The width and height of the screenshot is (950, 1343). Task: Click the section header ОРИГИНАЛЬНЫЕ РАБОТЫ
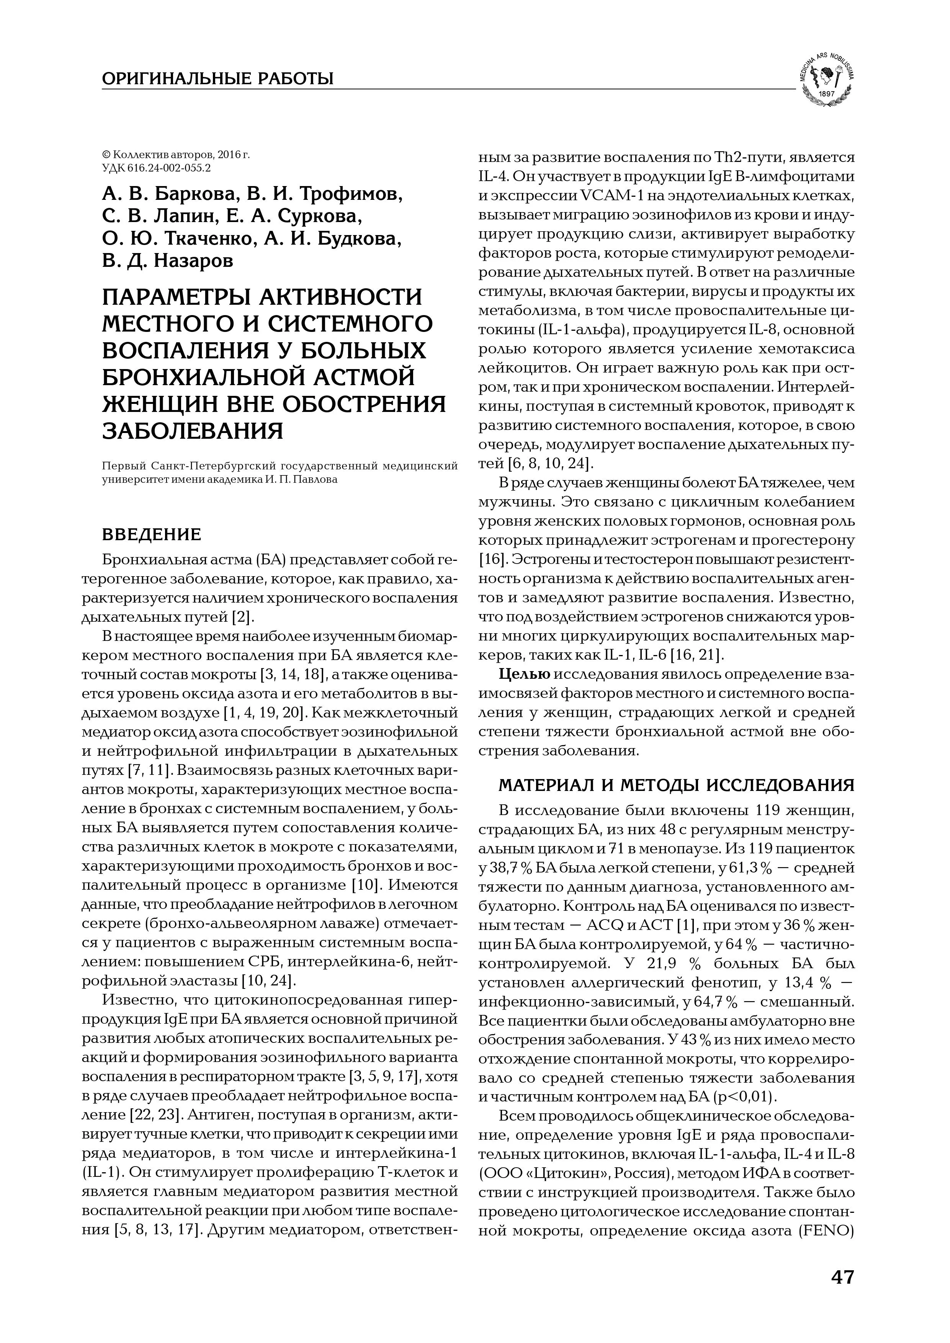coord(217,78)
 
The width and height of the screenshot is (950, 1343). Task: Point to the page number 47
coord(842,1277)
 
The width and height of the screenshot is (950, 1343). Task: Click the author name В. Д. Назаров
coord(167,260)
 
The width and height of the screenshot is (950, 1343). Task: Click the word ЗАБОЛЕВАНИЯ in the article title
coord(193,431)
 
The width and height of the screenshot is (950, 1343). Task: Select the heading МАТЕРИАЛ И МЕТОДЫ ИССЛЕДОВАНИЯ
coord(676,784)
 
